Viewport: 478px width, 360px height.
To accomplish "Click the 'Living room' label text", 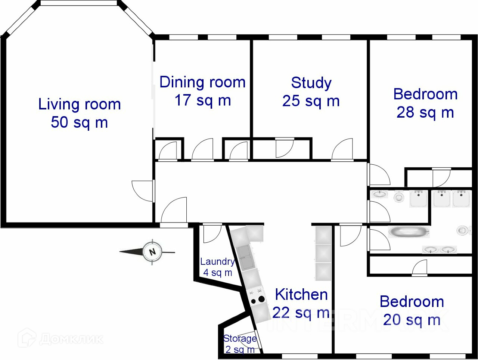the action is pyautogui.click(x=80, y=105).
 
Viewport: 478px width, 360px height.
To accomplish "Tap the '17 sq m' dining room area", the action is pyautogui.click(x=203, y=100).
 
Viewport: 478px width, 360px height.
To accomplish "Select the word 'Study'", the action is pyautogui.click(x=311, y=83).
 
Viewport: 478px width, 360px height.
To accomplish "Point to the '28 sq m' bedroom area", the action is pyautogui.click(x=425, y=113).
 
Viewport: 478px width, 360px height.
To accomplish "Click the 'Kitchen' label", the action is pyautogui.click(x=301, y=295).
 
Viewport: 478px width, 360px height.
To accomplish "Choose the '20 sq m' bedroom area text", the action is pyautogui.click(x=412, y=320).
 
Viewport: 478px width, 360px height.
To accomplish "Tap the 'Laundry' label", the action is pyautogui.click(x=217, y=262).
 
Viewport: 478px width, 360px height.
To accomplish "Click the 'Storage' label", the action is pyautogui.click(x=240, y=339).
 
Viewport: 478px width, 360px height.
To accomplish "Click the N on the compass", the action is pyautogui.click(x=152, y=252).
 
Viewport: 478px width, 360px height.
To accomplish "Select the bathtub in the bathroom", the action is pyautogui.click(x=409, y=232).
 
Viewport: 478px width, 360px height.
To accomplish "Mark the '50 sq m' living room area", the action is pyautogui.click(x=79, y=122).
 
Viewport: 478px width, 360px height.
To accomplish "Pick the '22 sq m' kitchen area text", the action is pyautogui.click(x=301, y=313).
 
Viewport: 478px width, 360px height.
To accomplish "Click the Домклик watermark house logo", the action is pyautogui.click(x=27, y=338).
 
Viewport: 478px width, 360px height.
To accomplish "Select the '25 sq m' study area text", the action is pyautogui.click(x=311, y=101).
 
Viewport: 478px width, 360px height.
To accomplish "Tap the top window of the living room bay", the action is pyautogui.click(x=79, y=3).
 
